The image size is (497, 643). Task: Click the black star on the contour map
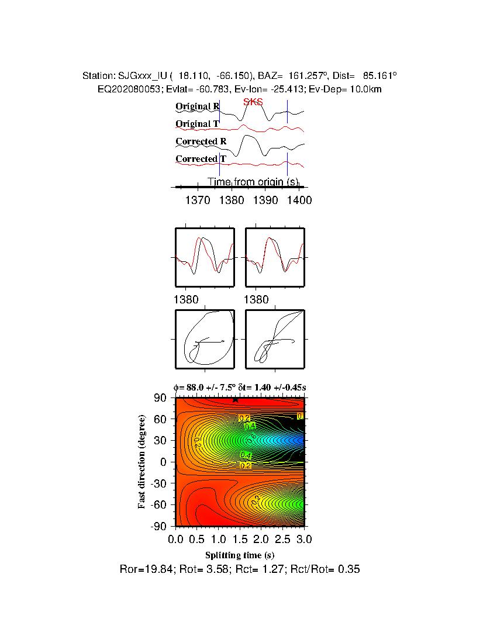pos(235,400)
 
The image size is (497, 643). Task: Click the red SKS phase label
pos(253,102)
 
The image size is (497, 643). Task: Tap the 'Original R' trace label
pos(197,106)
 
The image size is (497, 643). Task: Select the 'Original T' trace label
pos(197,124)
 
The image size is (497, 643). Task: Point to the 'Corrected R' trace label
pos(201,141)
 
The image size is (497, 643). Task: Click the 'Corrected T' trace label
pos(201,159)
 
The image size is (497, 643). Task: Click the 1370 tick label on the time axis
pos(198,200)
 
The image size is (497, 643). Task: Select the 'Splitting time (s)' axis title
pos(240,555)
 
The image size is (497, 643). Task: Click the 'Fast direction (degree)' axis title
pos(142,462)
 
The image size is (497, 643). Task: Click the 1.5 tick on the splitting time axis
pos(240,538)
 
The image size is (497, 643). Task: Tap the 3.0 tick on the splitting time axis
pos(304,538)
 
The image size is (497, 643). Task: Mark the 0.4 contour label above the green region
pos(250,426)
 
